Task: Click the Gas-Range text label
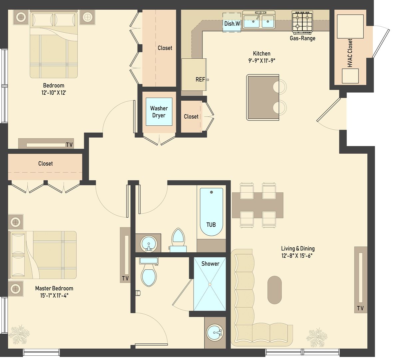pos(302,38)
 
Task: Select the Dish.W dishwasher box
pos(232,23)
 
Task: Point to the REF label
pos(200,80)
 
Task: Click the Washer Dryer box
pos(159,112)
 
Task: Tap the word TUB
pos(211,225)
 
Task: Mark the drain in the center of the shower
pos(210,284)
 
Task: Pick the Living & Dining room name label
pos(298,248)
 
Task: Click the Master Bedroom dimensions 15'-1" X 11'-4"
pos(54,295)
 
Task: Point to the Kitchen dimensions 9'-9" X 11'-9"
pos(261,61)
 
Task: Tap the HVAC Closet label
pos(350,53)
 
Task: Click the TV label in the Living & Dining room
pos(360,308)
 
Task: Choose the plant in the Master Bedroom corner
pos(19,334)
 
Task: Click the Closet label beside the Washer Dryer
pos(191,116)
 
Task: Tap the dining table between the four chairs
pos(257,205)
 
